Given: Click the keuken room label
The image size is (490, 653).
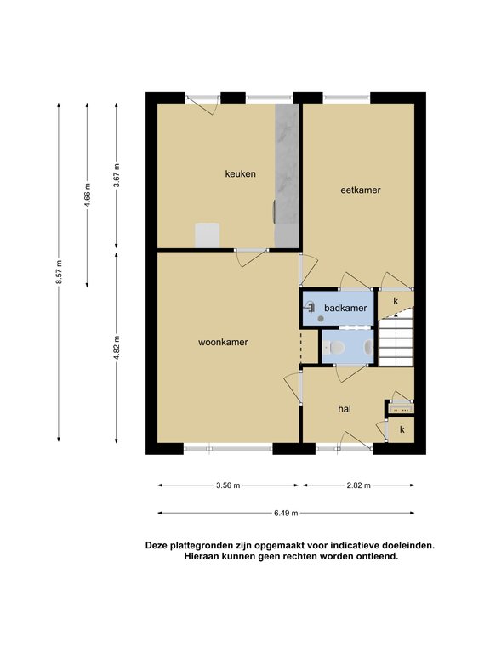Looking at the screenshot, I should click(x=241, y=174).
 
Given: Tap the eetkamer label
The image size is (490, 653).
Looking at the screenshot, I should click(x=360, y=190).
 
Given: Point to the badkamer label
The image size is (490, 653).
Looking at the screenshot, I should click(x=346, y=308).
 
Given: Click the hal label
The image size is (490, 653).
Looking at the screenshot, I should click(x=345, y=409).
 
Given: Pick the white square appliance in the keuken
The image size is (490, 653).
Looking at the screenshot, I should click(x=207, y=235).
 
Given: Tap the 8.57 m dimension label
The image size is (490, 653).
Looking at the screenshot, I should click(x=59, y=272).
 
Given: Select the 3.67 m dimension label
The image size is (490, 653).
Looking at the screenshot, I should click(x=117, y=175).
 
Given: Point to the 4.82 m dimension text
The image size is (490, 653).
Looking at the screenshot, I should click(x=117, y=348).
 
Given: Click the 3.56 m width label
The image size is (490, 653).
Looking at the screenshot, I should click(x=228, y=485).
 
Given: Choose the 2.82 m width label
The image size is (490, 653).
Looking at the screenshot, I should click(x=359, y=485).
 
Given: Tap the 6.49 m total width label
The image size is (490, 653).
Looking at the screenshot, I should click(x=287, y=513).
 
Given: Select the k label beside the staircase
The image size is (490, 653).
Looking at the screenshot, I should click(x=395, y=301).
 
